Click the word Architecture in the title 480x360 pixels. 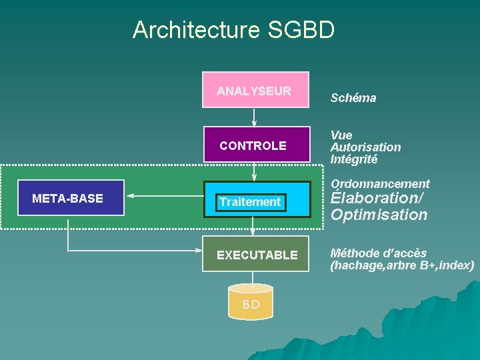[x=196, y=30]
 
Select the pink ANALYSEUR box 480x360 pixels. [x=256, y=90]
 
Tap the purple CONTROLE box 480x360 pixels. [x=256, y=144]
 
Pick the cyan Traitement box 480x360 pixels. [x=256, y=200]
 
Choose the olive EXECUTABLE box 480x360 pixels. [x=256, y=254]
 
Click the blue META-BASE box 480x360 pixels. [x=70, y=198]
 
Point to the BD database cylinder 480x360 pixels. [x=251, y=302]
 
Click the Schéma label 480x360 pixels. [x=353, y=98]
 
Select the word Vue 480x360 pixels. [x=341, y=135]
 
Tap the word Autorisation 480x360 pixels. [x=365, y=147]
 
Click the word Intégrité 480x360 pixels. [x=354, y=159]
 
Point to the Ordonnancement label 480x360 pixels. [x=380, y=183]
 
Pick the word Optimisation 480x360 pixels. [x=379, y=215]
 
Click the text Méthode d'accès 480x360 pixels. [x=378, y=253]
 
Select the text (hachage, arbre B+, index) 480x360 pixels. [x=402, y=265]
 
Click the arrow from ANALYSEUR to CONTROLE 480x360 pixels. [x=254, y=117]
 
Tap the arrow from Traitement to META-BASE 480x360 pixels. [x=164, y=195]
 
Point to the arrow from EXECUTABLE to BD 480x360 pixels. [x=253, y=279]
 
